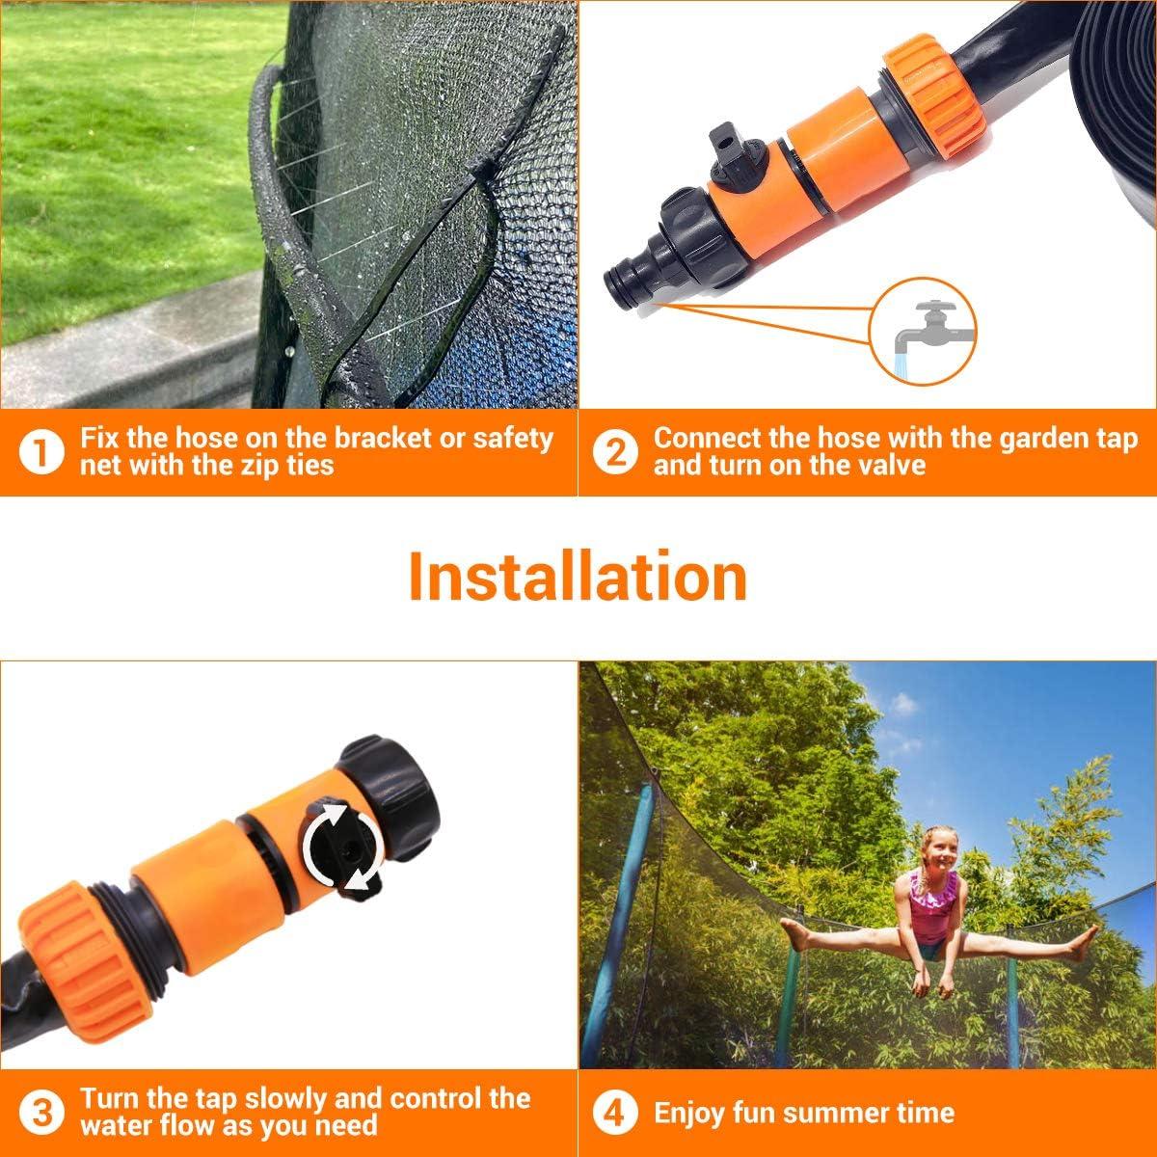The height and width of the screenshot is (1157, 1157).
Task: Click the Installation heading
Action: (x=578, y=576)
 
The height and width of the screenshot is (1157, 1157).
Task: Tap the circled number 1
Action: (x=40, y=452)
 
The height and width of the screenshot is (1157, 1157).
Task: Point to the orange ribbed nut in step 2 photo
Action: (x=935, y=102)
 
